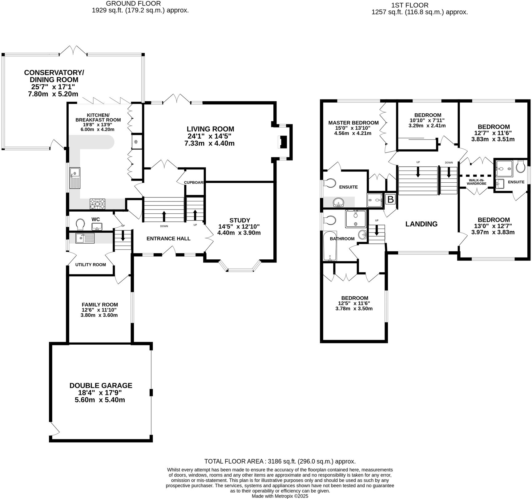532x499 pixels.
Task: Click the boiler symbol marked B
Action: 390,199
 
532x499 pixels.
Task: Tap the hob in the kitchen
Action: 98,204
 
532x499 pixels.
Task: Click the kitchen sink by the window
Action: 75,178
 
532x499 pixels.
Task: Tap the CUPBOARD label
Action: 194,182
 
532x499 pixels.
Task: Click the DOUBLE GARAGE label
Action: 101,385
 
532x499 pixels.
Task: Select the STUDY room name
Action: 240,220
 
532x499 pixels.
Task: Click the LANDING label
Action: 421,224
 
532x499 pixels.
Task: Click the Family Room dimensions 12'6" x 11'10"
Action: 99,310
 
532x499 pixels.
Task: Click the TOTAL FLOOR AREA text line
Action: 280,461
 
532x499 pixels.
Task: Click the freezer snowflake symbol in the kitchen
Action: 135,142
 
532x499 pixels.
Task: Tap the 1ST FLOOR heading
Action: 409,5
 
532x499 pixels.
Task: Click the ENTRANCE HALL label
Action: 168,238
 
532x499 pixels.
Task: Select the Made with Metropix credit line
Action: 280,496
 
